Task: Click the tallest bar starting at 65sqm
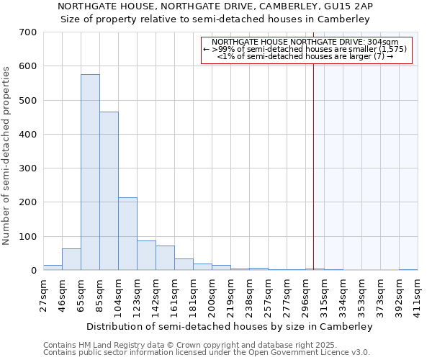tap(90, 173)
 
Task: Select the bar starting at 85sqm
tap(109, 192)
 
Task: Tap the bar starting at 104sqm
tap(127, 234)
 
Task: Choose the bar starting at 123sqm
tap(146, 256)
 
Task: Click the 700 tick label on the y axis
tap(28, 32)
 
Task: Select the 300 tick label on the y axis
tap(28, 168)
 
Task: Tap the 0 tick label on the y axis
tap(33, 271)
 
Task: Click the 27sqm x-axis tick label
tap(43, 292)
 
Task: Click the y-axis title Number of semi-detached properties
tap(7, 155)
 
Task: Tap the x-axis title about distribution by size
tap(229, 326)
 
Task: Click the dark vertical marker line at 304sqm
tap(314, 166)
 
